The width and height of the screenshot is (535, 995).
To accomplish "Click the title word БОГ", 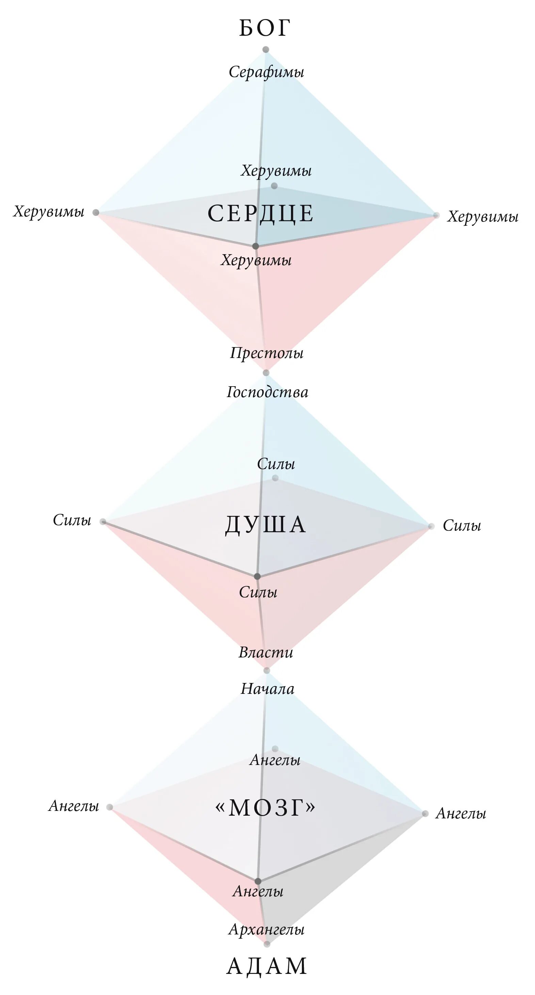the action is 264,28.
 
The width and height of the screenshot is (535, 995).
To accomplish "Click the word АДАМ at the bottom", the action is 266,966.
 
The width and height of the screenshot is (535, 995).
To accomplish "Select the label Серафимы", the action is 266,72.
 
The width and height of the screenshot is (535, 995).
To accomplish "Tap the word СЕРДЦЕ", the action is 261,214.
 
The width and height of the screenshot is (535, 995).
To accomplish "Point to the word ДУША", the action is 266,525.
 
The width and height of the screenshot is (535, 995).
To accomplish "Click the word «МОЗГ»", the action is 266,807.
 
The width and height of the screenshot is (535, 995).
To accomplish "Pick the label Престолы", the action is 266,353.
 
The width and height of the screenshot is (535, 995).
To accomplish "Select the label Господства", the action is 267,392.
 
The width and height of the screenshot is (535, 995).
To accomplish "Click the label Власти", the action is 266,653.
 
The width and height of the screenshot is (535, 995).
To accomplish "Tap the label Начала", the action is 267,689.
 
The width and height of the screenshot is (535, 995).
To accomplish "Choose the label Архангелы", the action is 266,929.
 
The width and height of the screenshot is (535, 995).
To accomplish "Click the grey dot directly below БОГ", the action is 266,49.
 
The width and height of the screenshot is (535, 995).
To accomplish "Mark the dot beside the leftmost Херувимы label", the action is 96,212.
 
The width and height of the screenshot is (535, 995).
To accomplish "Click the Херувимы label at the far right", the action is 483,217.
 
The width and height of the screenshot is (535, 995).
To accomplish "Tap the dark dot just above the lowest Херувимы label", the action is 256,246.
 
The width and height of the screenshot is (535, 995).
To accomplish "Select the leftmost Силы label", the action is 72,520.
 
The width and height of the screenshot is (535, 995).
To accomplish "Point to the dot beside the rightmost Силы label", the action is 432,526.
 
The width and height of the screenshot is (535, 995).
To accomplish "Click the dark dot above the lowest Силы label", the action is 257,576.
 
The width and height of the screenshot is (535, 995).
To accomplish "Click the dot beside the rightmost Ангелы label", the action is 425,814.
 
